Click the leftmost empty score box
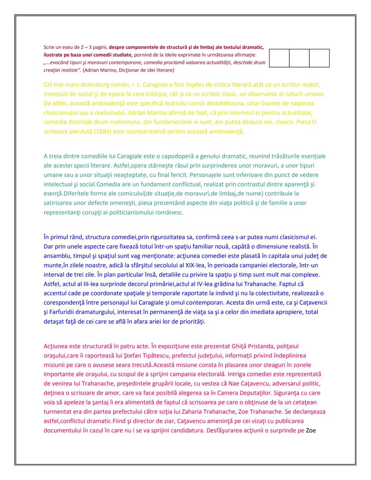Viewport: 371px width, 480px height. tap(279, 58)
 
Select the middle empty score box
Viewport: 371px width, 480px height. tap(299, 58)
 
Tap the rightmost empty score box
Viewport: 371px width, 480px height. tap(319, 58)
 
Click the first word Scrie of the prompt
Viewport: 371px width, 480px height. tap(49, 47)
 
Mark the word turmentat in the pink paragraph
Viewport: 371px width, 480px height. tap(57, 411)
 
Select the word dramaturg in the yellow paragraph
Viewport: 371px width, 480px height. tap(85, 85)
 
